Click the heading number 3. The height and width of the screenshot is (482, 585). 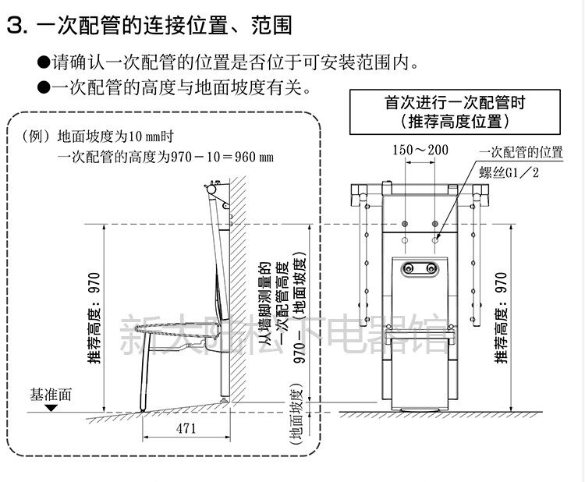pyautogui.click(x=16, y=26)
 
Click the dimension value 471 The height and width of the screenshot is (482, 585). pyautogui.click(x=185, y=428)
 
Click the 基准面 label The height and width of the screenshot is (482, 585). pyautogui.click(x=51, y=394)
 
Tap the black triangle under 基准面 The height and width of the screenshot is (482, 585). pyautogui.click(x=51, y=408)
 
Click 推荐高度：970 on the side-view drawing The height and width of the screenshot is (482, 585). pyautogui.click(x=94, y=318)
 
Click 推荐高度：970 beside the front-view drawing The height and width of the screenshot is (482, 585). pyautogui.click(x=501, y=318)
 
